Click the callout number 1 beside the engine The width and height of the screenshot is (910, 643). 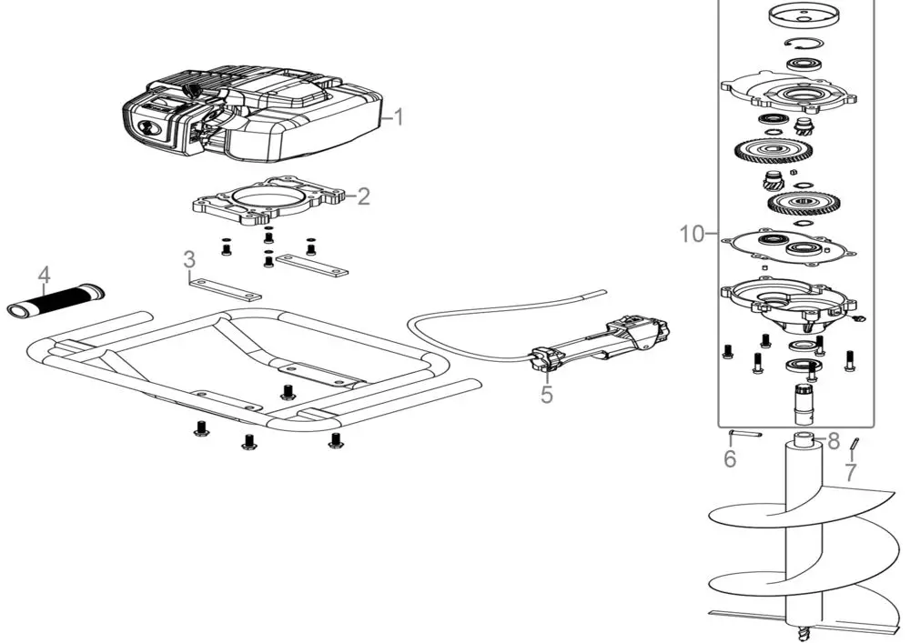(x=399, y=116)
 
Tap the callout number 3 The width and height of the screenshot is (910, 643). (x=190, y=259)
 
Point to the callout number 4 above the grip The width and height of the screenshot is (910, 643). (x=45, y=275)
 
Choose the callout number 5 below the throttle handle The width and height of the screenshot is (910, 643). (x=547, y=395)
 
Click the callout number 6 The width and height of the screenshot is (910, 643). (x=730, y=458)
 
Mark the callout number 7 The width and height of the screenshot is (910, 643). (x=850, y=473)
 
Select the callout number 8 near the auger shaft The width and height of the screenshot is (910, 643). (x=834, y=441)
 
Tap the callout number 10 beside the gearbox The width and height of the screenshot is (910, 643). (x=692, y=235)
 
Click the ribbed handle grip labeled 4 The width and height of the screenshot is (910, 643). (x=56, y=299)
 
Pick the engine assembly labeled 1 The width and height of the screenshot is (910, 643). (x=252, y=112)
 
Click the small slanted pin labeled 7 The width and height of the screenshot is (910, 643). (x=854, y=444)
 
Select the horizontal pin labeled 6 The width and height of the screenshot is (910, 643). (x=745, y=433)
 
